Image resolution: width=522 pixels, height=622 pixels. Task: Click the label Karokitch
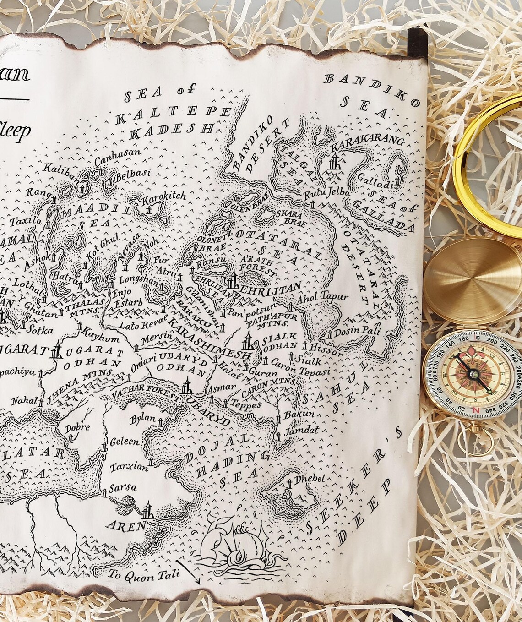(164, 197)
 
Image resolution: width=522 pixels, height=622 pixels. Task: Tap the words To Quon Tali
(145, 574)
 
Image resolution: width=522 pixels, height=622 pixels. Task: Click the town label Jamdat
(301, 431)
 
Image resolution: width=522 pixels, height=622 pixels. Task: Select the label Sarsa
(123, 488)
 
